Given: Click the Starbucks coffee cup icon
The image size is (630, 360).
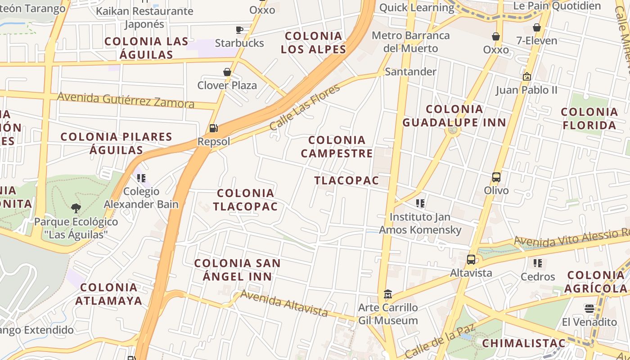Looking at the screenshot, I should point(239,30).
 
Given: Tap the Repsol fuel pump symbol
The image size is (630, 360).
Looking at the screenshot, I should point(214,128).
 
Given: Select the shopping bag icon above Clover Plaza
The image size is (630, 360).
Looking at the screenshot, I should point(227,72).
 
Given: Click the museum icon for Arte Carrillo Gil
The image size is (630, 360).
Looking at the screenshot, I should point(387,294).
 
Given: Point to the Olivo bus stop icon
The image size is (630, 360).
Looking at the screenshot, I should point(496,177).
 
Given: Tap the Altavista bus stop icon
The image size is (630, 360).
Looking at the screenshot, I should point(471,260).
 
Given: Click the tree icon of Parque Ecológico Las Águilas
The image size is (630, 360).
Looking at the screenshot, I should point(76,208).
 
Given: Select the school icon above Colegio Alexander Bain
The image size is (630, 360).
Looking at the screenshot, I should point(141,178).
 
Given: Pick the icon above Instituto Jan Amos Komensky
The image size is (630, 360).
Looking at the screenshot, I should point(420,203).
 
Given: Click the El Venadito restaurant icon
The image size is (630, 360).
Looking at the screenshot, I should point(589,309).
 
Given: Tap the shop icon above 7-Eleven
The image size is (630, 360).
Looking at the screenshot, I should point(536,27).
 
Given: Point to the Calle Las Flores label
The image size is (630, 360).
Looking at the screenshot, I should point(305,107).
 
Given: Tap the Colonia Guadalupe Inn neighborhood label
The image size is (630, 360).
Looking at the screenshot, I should point(454,116).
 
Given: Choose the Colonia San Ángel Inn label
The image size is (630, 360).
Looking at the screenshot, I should point(237,270).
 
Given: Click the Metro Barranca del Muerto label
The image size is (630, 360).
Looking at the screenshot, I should point(410,42).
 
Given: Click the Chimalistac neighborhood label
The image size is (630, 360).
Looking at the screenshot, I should point(524,343).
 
